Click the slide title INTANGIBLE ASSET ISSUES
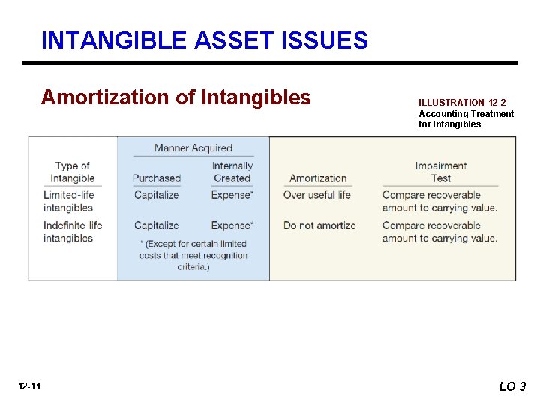click(205, 40)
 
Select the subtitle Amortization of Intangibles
click(175, 97)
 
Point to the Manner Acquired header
click(193, 148)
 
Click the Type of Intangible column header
click(72, 172)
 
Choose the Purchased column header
click(157, 178)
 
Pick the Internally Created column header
click(232, 172)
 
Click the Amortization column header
click(318, 178)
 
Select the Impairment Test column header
click(440, 172)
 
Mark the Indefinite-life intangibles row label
click(73, 232)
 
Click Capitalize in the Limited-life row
click(156, 195)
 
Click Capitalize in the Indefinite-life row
click(156, 225)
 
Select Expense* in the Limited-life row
click(232, 195)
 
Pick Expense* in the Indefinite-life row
click(232, 225)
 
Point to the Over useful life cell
click(316, 195)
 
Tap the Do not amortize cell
click(319, 225)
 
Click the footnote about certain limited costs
click(193, 255)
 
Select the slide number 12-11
click(31, 386)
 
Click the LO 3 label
click(512, 386)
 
